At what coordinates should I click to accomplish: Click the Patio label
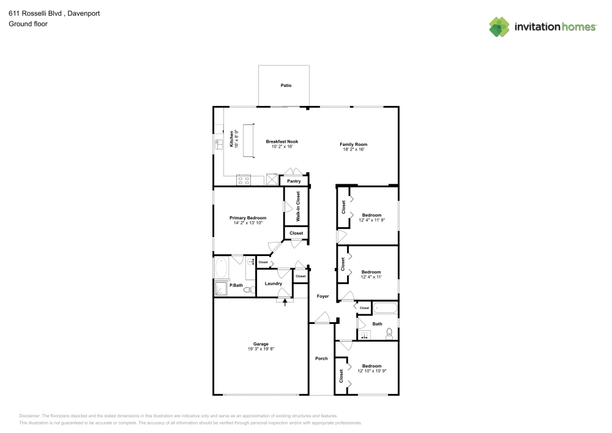tap(286, 85)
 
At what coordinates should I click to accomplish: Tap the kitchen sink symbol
tap(218, 145)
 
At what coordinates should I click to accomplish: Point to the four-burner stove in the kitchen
tap(244, 180)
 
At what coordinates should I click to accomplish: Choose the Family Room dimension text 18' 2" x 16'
tap(353, 149)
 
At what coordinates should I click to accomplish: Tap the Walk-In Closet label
tap(298, 206)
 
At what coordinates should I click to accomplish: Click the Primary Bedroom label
tap(248, 218)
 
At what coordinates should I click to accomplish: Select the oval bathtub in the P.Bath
tap(222, 268)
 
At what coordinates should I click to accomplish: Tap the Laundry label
tap(273, 284)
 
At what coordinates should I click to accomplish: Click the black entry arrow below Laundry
tap(285, 301)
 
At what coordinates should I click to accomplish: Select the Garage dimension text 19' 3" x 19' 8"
tap(261, 348)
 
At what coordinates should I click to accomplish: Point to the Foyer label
tap(323, 296)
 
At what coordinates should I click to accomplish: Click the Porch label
tap(321, 358)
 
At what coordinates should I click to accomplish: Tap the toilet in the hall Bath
tap(389, 334)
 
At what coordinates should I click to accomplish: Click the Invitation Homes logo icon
tap(499, 27)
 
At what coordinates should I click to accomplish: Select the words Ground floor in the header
tap(28, 24)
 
